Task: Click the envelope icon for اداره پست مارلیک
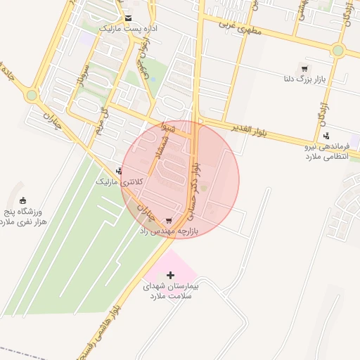click(127, 18)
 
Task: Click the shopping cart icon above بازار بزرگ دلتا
click(304, 68)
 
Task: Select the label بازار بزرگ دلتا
click(303, 79)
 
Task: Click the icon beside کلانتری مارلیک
click(120, 171)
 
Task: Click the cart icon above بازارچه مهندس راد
click(168, 220)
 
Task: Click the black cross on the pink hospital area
click(169, 275)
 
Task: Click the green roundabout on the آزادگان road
click(338, 50)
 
